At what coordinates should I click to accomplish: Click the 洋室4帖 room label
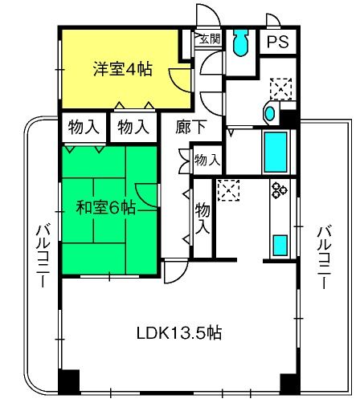(x=123, y=69)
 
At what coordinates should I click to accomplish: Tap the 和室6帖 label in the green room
(x=106, y=208)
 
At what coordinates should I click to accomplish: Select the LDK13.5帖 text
(x=179, y=333)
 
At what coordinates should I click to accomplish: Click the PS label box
(x=278, y=42)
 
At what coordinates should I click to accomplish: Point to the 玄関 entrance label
(x=211, y=39)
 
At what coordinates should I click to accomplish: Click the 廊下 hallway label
(x=191, y=127)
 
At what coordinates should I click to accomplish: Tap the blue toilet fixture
(x=240, y=43)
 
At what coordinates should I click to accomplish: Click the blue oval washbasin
(x=270, y=114)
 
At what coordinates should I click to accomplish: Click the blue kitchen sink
(x=280, y=245)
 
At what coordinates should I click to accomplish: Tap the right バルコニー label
(x=325, y=258)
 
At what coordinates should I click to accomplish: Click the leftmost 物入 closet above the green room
(x=84, y=127)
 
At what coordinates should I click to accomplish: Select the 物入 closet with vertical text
(x=202, y=218)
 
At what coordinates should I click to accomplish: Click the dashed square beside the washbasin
(x=280, y=89)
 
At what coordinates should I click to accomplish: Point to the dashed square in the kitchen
(x=228, y=190)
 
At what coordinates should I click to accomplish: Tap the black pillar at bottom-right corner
(x=289, y=384)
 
